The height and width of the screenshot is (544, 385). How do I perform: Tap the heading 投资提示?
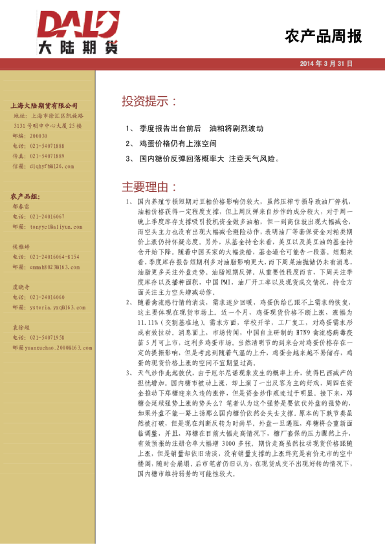[150, 101]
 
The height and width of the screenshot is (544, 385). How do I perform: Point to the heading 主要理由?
[150, 187]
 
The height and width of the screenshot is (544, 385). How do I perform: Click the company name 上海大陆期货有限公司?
[45, 105]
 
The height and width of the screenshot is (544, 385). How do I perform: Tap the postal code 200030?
[39, 136]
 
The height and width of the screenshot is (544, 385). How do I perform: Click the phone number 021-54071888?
[47, 146]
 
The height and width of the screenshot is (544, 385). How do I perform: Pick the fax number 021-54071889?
[47, 156]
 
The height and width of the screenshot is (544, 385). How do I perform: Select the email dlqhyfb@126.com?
[51, 166]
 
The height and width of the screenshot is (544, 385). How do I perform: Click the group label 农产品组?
[25, 195]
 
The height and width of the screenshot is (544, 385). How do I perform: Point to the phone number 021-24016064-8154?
[55, 256]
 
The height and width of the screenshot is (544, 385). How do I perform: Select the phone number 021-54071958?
[47, 337]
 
